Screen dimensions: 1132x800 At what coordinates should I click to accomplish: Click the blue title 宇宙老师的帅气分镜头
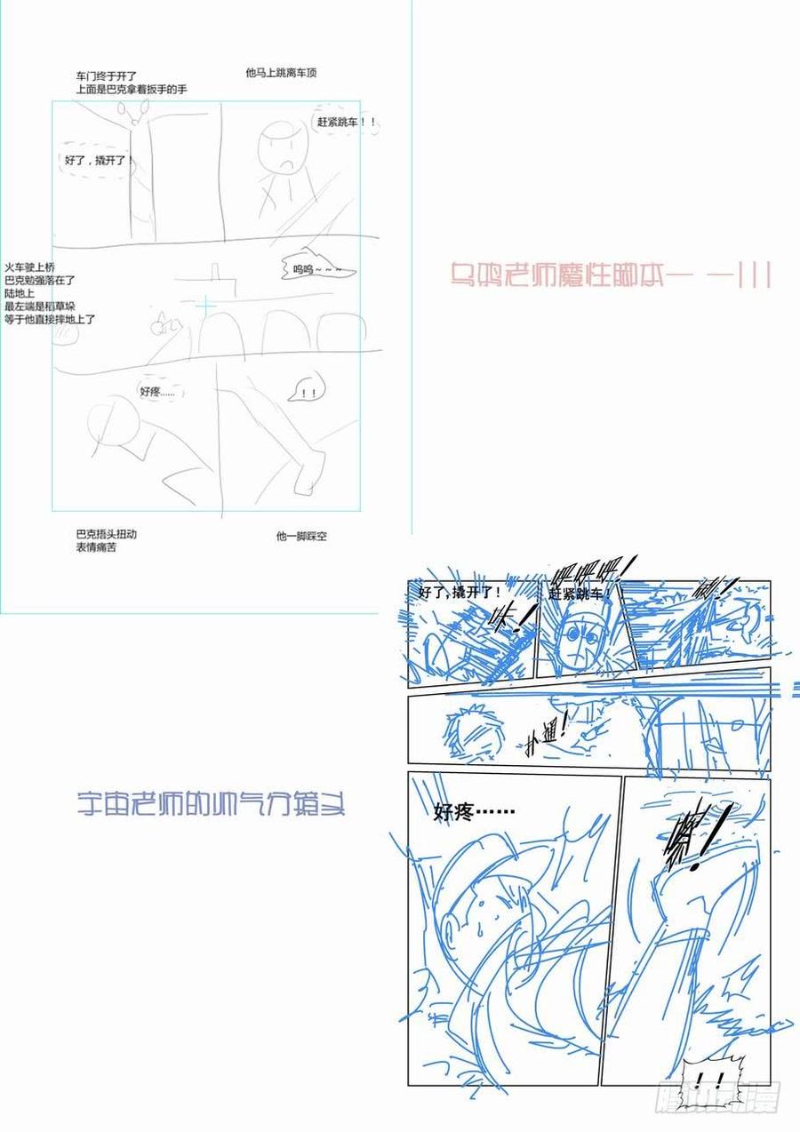pos(211,805)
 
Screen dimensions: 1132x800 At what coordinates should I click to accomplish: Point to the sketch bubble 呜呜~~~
pos(317,268)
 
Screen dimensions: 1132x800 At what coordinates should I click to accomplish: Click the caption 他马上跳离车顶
pos(281,74)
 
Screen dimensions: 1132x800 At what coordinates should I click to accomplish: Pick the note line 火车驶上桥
pos(30,267)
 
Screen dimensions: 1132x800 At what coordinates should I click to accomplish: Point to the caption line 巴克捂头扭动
pos(107,534)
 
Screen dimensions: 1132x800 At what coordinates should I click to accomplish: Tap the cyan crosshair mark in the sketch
pos(206,307)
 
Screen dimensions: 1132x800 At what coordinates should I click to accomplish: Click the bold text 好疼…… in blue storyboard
pos(475,811)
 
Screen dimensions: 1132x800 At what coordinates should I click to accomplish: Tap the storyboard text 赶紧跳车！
pos(581,594)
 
